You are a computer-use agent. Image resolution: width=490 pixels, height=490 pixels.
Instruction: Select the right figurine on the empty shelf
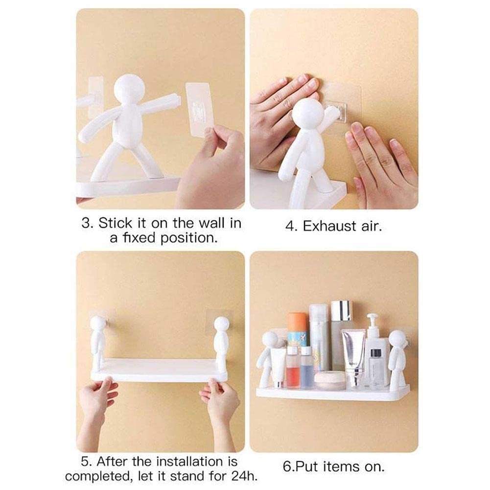click(222, 343)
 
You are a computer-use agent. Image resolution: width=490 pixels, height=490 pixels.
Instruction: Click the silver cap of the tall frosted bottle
click(341, 311)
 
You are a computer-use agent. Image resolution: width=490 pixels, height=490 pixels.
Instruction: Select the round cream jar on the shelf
click(329, 380)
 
